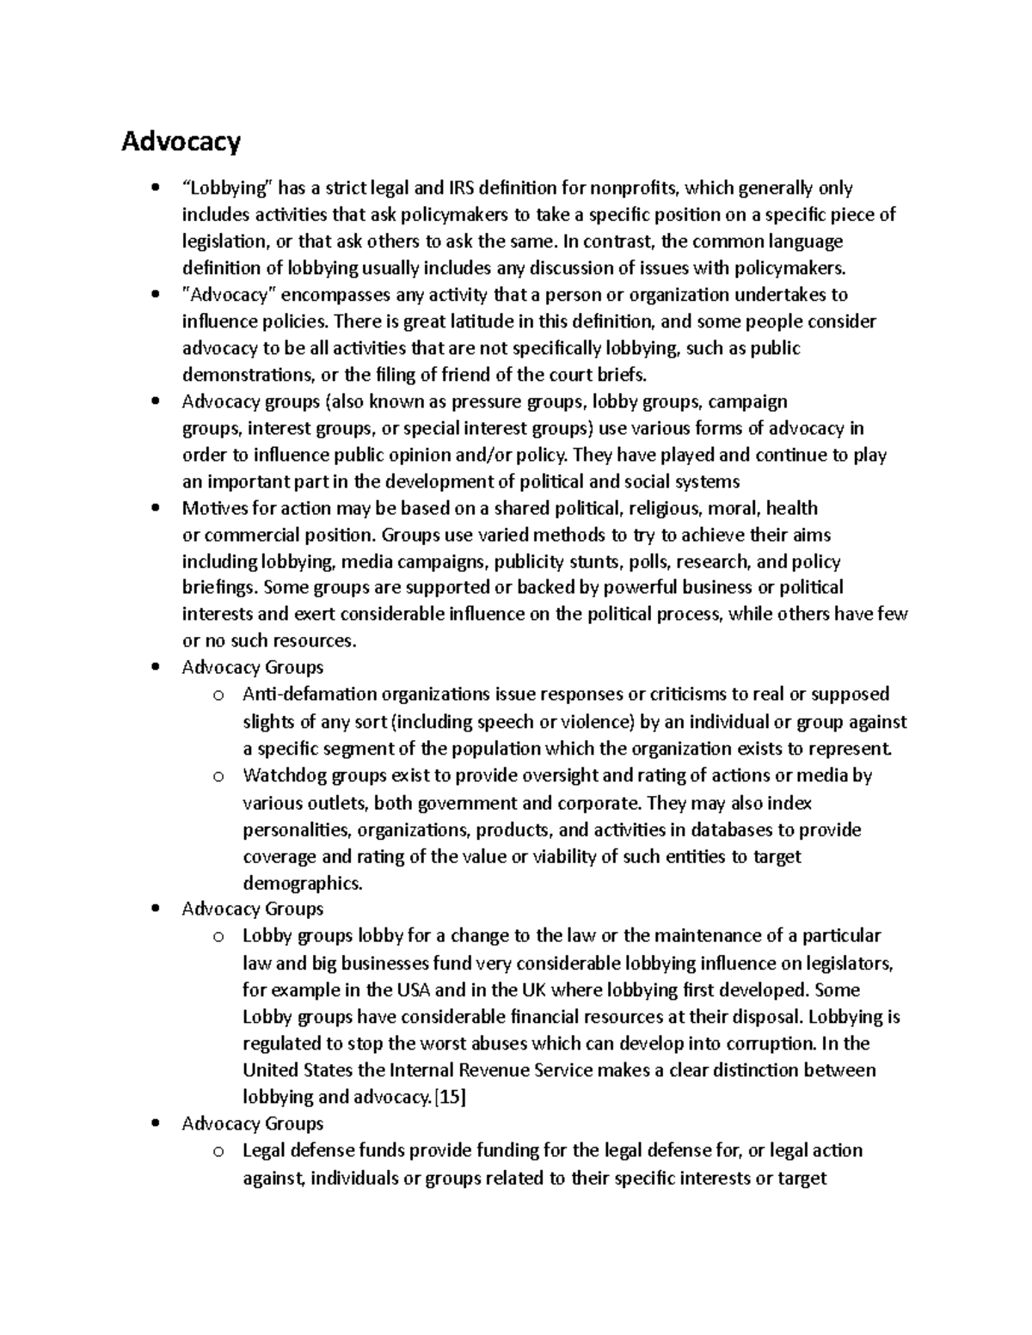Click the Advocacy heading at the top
click(181, 141)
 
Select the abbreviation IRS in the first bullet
click(460, 187)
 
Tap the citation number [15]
click(451, 1097)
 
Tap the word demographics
click(303, 883)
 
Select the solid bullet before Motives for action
click(155, 508)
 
